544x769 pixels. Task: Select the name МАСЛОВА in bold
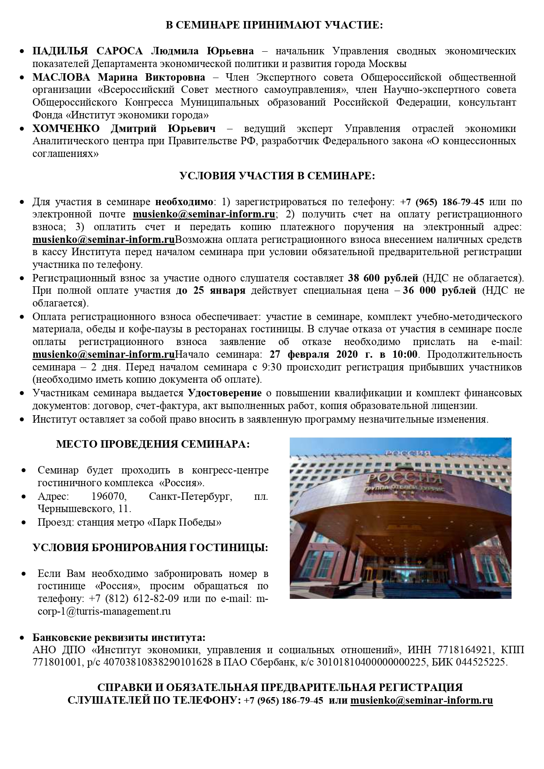pos(61,77)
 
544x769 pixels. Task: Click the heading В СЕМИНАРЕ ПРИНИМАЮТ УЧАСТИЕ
pos(274,25)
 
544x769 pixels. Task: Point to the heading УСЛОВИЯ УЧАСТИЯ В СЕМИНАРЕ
pos(277,176)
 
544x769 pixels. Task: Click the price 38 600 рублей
pos(383,278)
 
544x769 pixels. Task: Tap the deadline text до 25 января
pos(210,290)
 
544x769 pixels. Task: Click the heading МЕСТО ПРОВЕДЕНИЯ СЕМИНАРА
pos(153,444)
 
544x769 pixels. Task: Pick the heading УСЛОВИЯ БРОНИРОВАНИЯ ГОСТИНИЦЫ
pos(150,548)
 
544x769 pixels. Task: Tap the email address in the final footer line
pos(421,700)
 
